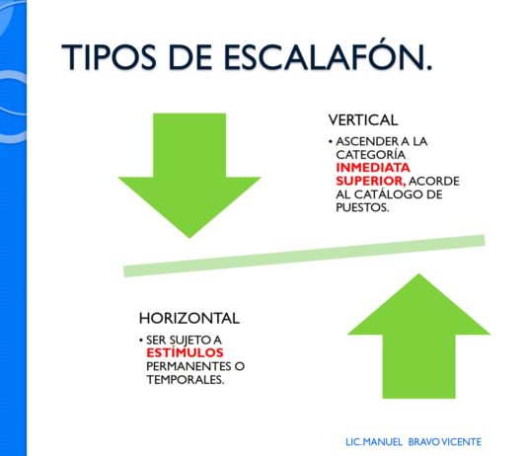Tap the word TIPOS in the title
(110, 57)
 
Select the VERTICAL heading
(363, 120)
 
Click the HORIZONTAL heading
(189, 318)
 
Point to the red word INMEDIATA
(373, 168)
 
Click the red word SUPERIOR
(371, 181)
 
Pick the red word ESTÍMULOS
(185, 352)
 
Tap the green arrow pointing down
(189, 176)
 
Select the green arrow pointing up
(418, 336)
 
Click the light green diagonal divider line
(304, 256)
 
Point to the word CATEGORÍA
(371, 155)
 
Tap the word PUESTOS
(362, 207)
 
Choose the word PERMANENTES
(188, 366)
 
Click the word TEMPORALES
(186, 380)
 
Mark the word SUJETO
(189, 341)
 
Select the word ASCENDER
(363, 141)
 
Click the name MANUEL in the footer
(383, 441)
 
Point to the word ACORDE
(434, 182)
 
